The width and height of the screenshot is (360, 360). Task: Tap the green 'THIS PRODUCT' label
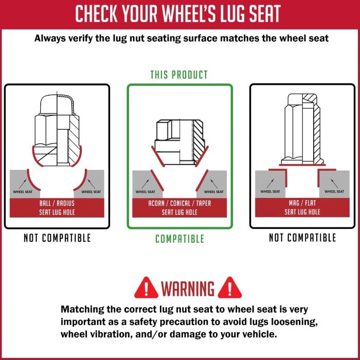179,75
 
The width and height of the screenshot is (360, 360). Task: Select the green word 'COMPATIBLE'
179,239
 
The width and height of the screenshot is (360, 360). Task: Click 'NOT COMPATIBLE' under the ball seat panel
57,238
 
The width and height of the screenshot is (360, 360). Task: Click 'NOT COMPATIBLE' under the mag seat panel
302,238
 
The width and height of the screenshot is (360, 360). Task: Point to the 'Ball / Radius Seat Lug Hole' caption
57,207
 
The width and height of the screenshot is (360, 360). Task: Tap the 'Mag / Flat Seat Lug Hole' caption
302,207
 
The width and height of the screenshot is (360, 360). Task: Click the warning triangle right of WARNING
229,287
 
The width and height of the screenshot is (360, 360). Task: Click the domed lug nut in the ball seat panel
57,129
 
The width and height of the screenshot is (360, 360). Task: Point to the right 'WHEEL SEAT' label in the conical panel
213,192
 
